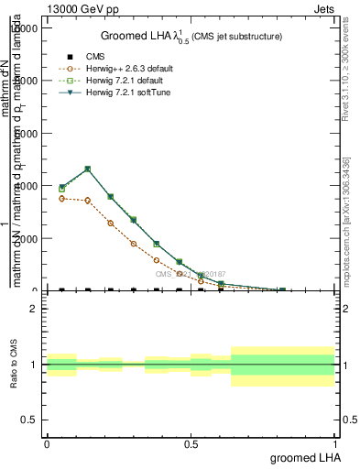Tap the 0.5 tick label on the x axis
point(191,444)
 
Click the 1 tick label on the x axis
point(335,444)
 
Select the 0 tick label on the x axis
point(47,444)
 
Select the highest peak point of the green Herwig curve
point(87,169)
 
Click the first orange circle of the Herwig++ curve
point(61,198)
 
